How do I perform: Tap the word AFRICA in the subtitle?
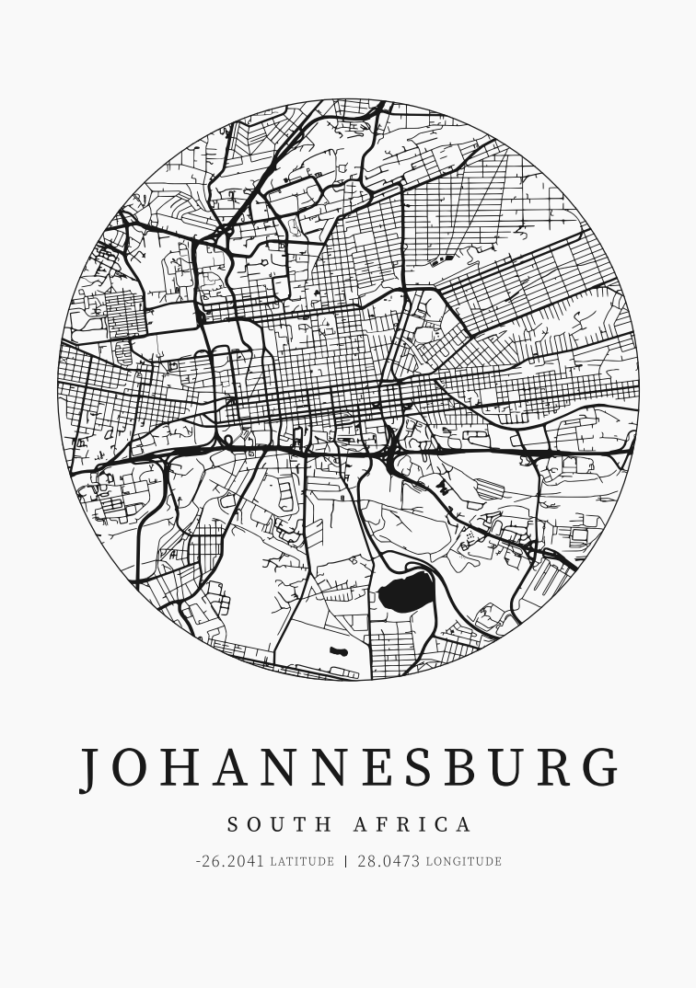412,824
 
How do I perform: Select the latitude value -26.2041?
230,862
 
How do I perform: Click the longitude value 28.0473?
389,862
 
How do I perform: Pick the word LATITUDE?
302,862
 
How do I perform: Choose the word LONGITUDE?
463,862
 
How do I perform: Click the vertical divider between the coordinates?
346,862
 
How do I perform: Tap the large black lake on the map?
406,593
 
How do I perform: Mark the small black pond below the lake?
338,652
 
